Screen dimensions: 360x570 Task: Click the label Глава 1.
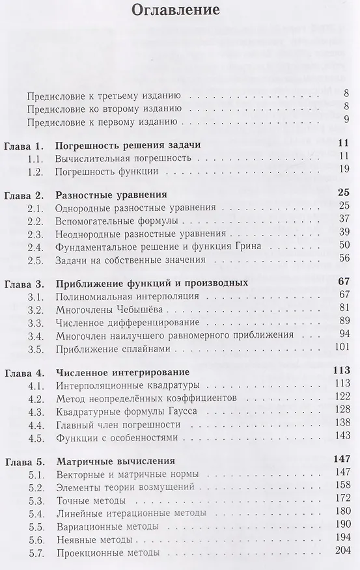pos(23,144)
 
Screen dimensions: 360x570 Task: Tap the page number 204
pos(343,553)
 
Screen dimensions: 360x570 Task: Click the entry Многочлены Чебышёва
pos(104,309)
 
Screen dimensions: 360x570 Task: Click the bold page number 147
pos(341,462)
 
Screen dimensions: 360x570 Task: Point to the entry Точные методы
pos(90,501)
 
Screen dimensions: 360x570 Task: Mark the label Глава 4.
pos(23,373)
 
